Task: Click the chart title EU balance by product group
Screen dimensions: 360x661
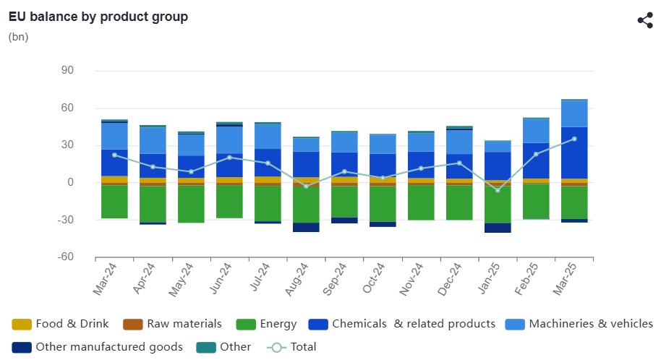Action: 98,17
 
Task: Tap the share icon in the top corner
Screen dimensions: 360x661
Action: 645,20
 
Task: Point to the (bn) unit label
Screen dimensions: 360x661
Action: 19,37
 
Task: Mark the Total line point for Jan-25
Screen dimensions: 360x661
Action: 498,190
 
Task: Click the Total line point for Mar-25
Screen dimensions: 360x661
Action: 574,139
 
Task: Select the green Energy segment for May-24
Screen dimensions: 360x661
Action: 191,205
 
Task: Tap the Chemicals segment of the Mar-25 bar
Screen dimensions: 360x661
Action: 574,153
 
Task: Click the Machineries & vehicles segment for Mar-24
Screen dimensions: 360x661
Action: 114,136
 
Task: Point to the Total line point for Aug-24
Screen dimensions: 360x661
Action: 306,187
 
